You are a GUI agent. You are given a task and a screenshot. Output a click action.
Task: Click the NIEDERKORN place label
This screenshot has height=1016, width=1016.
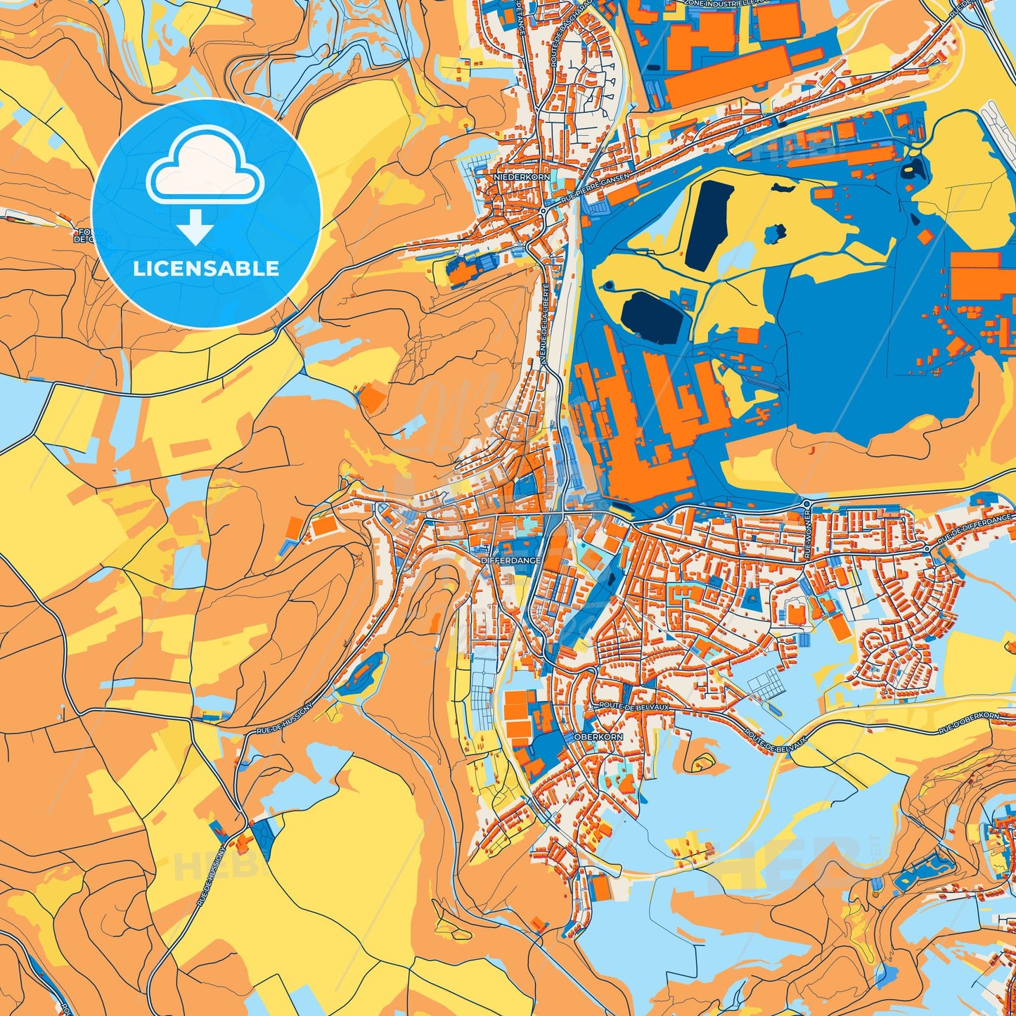click(522, 177)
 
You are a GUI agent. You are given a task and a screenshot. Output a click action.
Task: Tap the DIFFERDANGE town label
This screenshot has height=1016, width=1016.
click(511, 560)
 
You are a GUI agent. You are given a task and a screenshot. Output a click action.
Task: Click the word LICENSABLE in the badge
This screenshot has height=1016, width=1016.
click(206, 268)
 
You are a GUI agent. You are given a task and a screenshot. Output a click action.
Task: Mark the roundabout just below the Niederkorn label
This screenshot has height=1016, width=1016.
click(544, 209)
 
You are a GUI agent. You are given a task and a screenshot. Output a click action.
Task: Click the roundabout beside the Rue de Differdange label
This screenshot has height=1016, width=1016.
click(927, 548)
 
